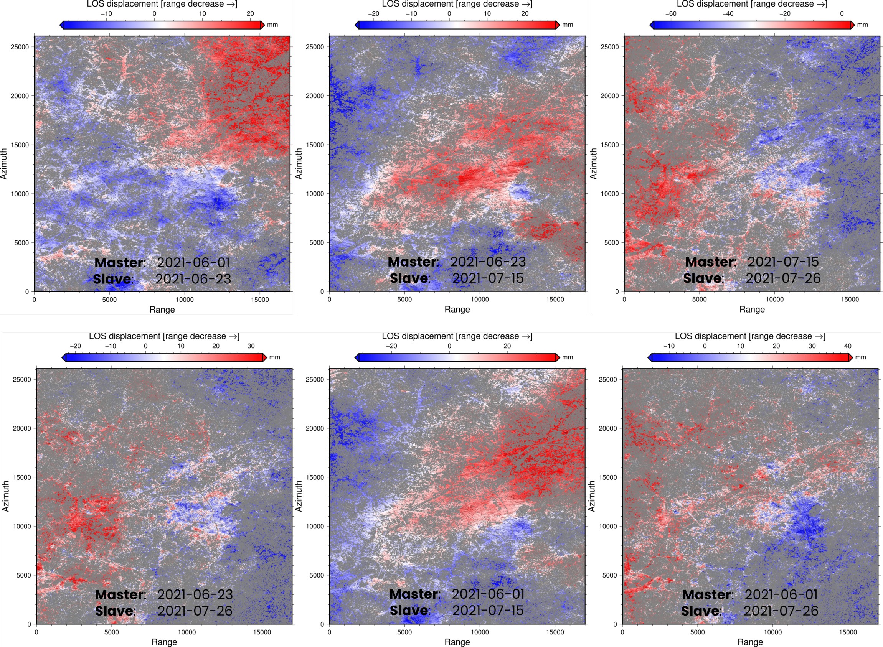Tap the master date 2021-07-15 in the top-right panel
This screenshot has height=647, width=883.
tap(783, 262)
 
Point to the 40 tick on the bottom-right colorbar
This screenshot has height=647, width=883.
tap(847, 346)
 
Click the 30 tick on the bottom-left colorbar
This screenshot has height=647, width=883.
tap(251, 346)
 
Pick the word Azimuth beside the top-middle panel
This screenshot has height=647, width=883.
tap(299, 164)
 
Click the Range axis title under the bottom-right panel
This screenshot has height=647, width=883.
tap(750, 642)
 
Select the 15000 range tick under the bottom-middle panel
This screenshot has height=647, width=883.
tap(555, 632)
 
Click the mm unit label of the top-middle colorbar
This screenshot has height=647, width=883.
tap(568, 25)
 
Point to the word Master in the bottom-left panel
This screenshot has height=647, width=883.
tap(120, 594)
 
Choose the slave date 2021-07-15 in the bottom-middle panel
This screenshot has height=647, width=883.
tap(488, 610)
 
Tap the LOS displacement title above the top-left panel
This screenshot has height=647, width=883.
tap(162, 4)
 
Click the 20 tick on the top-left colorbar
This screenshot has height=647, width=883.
tap(250, 13)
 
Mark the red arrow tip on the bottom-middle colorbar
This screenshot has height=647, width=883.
tap(558, 357)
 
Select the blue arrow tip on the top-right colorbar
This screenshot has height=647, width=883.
tap(651, 25)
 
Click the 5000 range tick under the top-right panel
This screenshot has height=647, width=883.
tap(699, 299)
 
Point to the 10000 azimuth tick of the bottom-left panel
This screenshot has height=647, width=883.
tap(22, 526)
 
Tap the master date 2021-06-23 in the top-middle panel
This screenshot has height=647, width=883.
tap(488, 262)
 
